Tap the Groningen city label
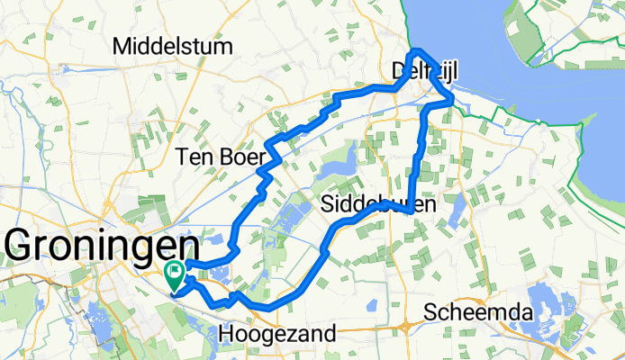(x=102, y=246)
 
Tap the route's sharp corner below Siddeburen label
(x=410, y=211)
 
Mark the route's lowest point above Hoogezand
(x=268, y=309)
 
